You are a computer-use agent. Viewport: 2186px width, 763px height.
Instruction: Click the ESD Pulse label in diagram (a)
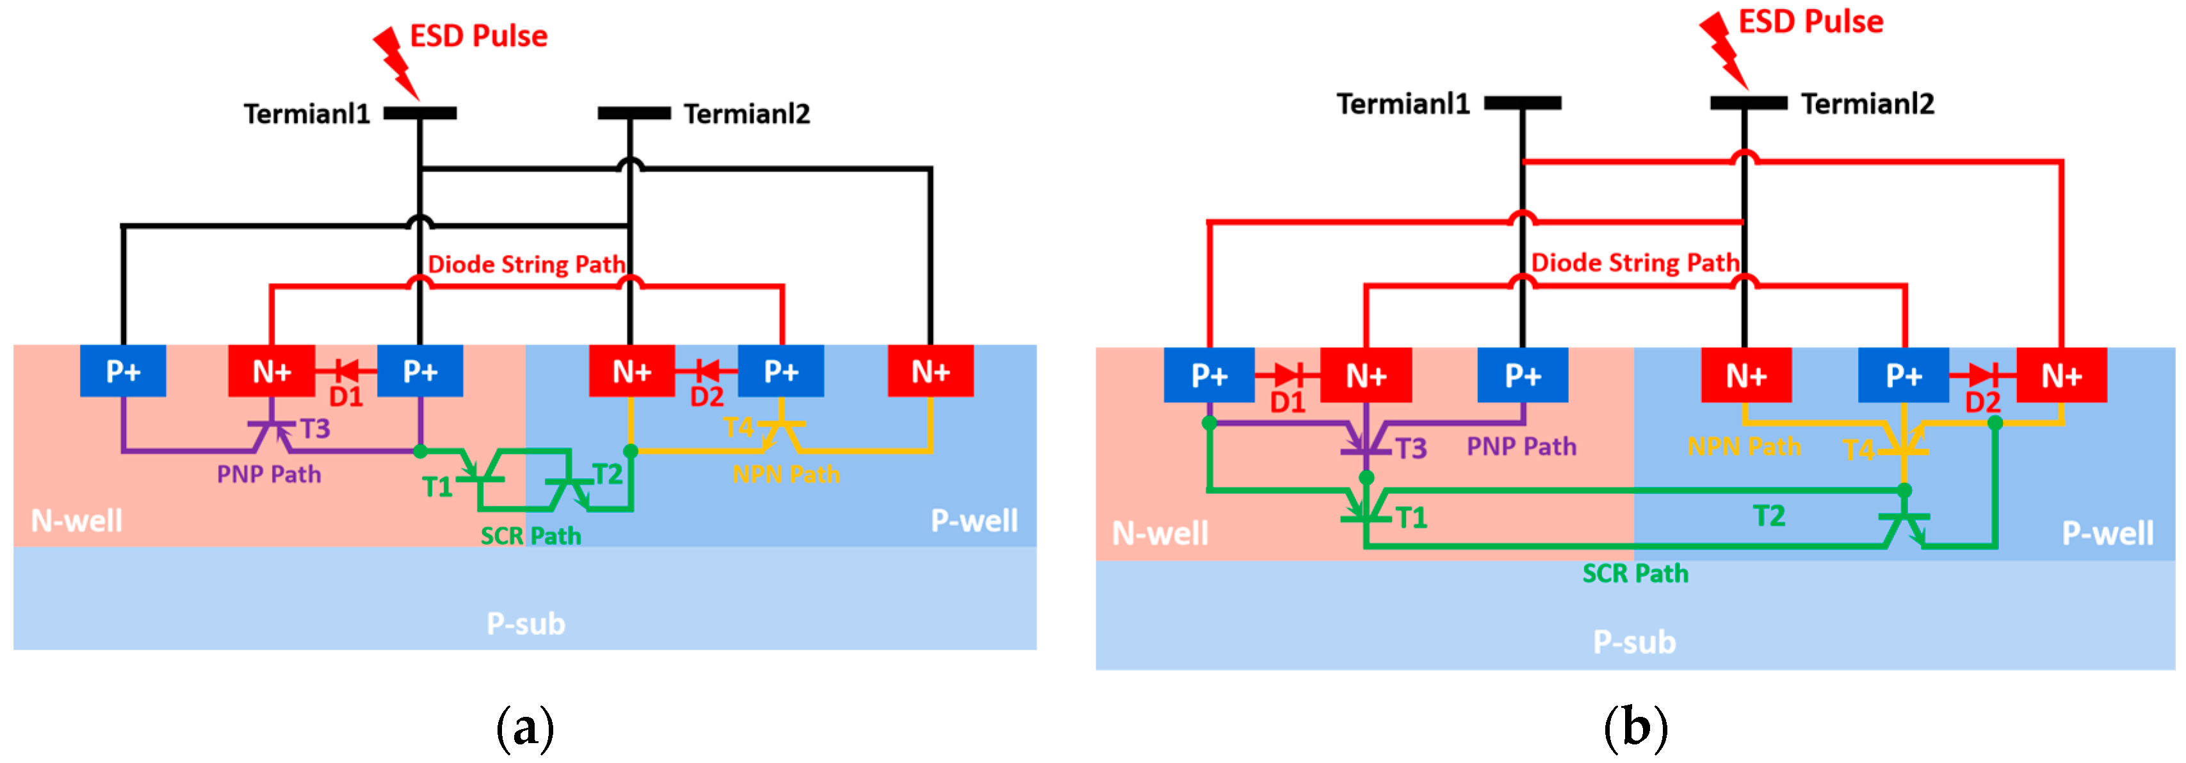click(478, 36)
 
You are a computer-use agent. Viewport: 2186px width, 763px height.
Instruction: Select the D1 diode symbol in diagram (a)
click(346, 370)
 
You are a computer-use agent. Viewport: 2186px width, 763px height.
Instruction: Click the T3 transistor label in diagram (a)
click(315, 429)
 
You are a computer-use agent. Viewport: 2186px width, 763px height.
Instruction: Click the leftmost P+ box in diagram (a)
click(123, 371)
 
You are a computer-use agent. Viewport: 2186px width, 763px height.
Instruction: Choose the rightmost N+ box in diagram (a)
click(930, 371)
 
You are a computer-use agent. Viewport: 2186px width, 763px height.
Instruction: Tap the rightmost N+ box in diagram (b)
click(2061, 375)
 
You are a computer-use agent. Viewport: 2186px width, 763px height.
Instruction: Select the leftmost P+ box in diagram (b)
click(1210, 375)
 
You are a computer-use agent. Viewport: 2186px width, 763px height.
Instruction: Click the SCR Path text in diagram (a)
click(530, 536)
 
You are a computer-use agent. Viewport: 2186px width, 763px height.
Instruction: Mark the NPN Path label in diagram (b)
click(1744, 447)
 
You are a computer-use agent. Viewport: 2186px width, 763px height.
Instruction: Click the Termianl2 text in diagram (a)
click(747, 114)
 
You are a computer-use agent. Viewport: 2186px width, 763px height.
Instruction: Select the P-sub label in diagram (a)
click(525, 624)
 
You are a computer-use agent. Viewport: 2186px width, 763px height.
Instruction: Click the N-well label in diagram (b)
click(1160, 533)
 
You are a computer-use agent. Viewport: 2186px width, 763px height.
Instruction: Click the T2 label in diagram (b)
click(1769, 515)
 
